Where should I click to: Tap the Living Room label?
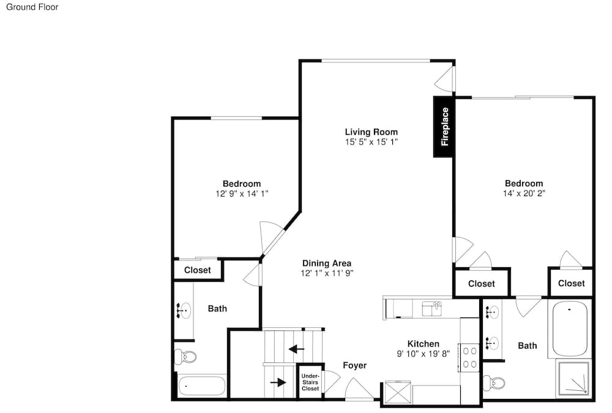[371, 132]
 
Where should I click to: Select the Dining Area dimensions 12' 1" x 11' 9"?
[327, 273]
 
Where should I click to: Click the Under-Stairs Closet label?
[310, 382]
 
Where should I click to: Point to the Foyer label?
[355, 365]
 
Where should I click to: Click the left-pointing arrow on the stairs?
[296, 348]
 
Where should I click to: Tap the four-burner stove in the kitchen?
[469, 357]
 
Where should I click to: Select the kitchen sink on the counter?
[432, 309]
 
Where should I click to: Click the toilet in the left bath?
[186, 357]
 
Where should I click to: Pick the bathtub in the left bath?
[202, 386]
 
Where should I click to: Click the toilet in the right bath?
[494, 382]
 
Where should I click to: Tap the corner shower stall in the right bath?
[573, 378]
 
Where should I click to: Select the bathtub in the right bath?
[569, 328]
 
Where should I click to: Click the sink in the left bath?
[184, 311]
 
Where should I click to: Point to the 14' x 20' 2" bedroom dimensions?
[524, 193]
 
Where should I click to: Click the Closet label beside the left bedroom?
[198, 270]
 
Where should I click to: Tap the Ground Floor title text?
[32, 7]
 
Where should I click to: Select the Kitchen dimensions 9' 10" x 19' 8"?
[423, 354]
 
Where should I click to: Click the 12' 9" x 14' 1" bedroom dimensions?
[242, 194]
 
